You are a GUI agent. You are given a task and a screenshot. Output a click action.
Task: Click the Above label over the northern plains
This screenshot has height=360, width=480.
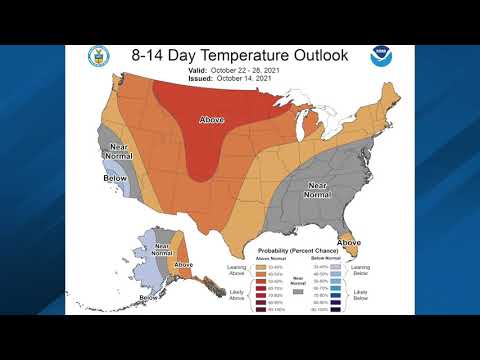[x=211, y=121]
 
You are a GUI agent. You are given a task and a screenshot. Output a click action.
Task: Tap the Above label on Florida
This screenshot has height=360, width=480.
[x=348, y=242]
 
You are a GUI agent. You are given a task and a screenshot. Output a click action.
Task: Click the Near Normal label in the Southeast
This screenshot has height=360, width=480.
[x=317, y=187]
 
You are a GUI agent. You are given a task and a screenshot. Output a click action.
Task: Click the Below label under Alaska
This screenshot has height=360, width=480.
[x=149, y=297]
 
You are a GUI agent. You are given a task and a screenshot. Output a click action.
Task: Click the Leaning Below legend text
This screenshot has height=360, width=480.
[x=361, y=269]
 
